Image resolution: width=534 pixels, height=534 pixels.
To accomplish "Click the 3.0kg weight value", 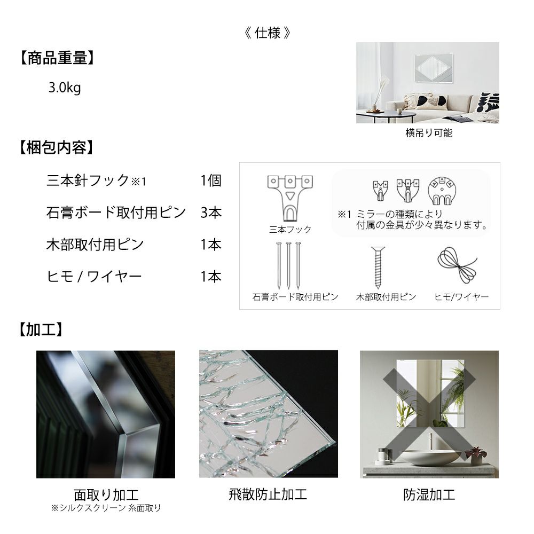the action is tap(65, 88).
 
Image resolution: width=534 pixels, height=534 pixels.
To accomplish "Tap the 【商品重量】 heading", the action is tap(57, 58).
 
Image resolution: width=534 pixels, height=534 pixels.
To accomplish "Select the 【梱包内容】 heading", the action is tap(56, 147).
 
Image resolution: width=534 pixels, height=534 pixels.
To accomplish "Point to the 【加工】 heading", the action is tap(41, 329).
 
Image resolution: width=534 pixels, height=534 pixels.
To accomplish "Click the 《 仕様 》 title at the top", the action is tap(268, 33).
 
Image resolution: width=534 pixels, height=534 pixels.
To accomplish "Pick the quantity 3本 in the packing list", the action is tap(211, 213).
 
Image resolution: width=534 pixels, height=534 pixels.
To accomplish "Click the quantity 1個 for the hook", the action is tap(211, 180).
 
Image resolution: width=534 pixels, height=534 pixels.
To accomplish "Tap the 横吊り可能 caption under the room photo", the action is tap(429, 133).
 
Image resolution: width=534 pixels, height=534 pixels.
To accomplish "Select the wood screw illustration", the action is tap(378, 268).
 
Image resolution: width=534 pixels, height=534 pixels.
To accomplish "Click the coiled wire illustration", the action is tap(457, 265).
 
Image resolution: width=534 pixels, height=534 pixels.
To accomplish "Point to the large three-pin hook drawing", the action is tap(290, 198).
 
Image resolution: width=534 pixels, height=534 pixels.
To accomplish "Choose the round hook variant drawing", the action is tap(442, 191).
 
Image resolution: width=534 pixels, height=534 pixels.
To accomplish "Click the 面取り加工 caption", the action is tap(106, 494).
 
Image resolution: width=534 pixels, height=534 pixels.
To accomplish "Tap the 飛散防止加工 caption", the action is tap(268, 494).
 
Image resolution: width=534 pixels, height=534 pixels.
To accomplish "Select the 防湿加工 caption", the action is tap(429, 494).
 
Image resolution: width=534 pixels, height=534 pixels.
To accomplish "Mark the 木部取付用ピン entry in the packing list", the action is tap(95, 245).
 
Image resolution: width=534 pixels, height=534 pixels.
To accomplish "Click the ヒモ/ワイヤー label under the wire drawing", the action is tap(461, 297).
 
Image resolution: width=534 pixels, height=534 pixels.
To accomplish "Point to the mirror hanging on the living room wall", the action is tap(434, 69).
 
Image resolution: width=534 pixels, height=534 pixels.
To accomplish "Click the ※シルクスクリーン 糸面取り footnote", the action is tap(106, 508).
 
